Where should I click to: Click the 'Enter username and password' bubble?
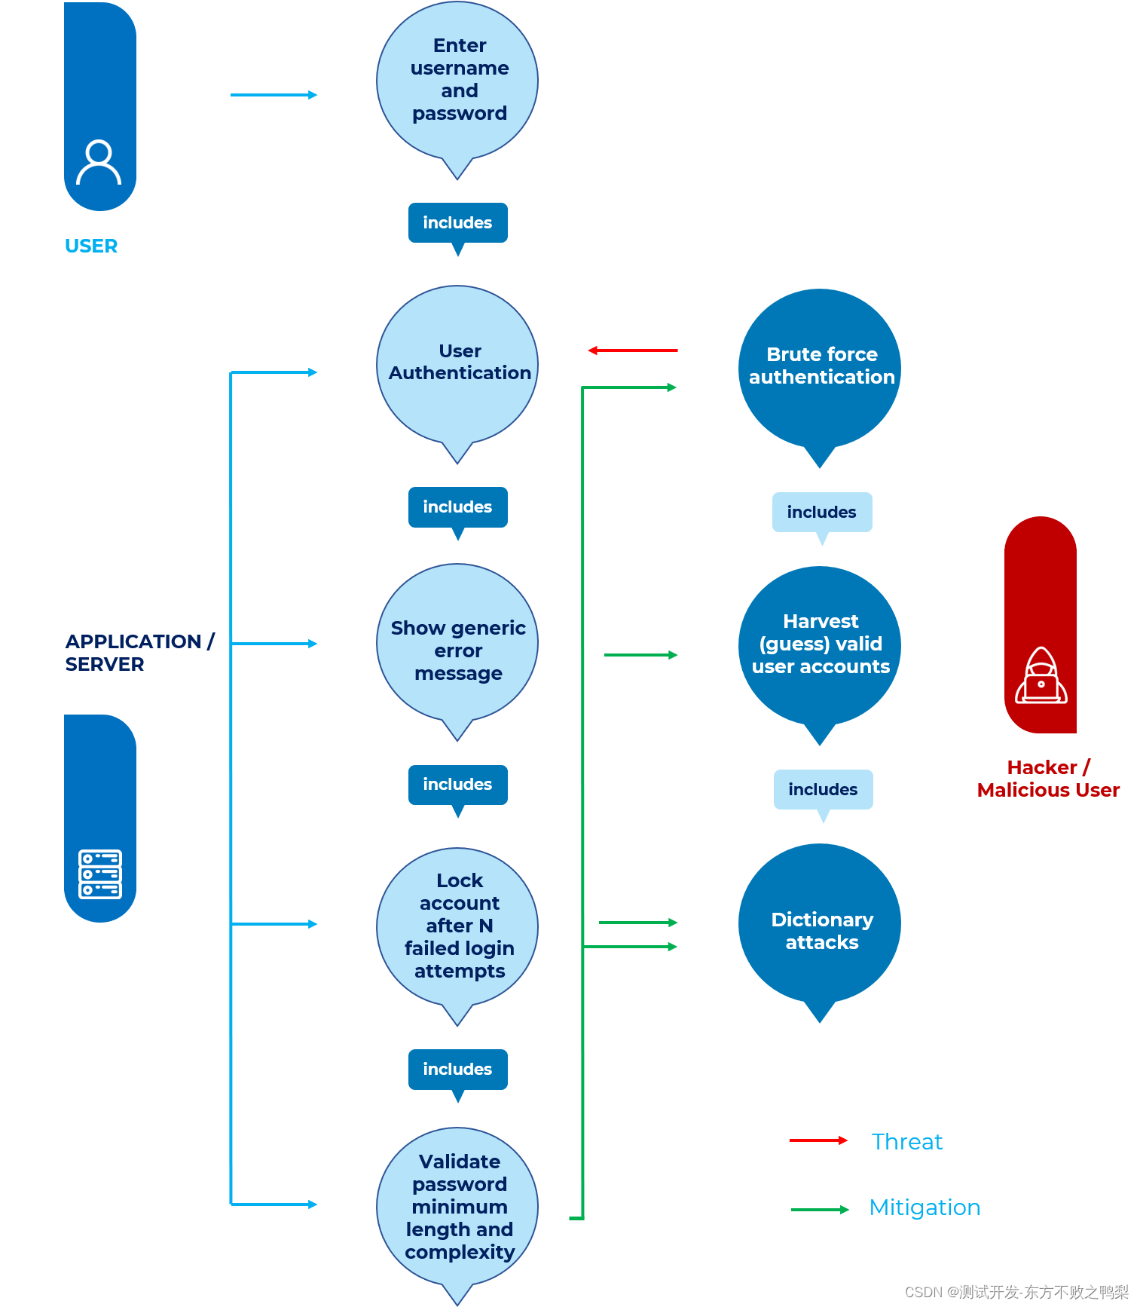[x=457, y=80]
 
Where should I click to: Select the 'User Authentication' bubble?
[x=457, y=364]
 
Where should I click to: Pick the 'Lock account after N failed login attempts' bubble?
[x=457, y=926]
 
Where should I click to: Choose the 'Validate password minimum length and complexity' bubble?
[x=457, y=1207]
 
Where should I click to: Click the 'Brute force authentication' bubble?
[x=820, y=368]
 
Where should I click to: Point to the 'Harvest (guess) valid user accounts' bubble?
[x=820, y=645]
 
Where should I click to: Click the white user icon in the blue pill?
[x=99, y=162]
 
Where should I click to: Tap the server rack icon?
[x=100, y=874]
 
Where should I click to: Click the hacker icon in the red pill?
[x=1041, y=676]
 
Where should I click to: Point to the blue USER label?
[x=91, y=246]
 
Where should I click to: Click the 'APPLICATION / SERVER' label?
[x=139, y=653]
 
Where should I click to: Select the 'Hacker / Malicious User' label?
[x=1047, y=779]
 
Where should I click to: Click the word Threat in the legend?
[x=906, y=1142]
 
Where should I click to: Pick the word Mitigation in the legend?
[x=925, y=1208]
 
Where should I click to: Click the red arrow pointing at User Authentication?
[x=632, y=350]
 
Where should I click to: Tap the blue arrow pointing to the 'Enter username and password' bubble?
[x=274, y=95]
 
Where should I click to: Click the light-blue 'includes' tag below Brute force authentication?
[x=821, y=513]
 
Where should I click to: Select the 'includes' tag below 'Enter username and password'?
[x=457, y=223]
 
